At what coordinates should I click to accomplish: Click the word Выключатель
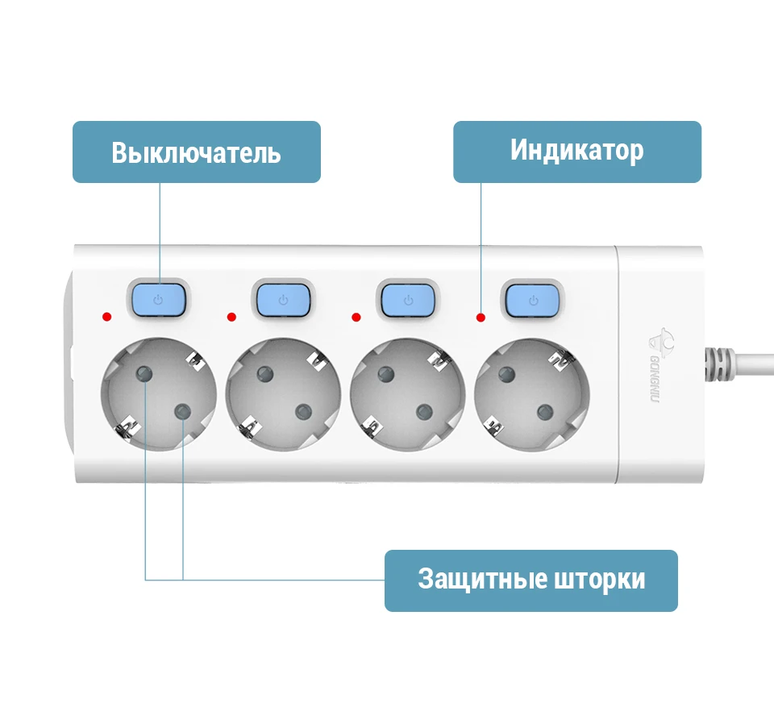(196, 152)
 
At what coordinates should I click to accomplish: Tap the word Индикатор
(577, 150)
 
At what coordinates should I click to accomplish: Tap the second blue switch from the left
(283, 300)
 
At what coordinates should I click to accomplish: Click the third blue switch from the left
(408, 300)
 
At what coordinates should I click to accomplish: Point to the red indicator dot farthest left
(106, 317)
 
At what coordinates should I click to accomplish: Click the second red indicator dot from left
(231, 317)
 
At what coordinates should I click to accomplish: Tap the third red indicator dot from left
(356, 317)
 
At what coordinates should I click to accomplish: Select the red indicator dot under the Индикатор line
(481, 318)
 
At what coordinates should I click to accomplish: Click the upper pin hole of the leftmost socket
(144, 373)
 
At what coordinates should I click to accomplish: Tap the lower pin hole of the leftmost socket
(183, 411)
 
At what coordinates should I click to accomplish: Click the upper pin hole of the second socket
(265, 374)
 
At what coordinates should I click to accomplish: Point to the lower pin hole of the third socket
(425, 411)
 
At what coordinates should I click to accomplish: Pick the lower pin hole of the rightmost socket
(545, 412)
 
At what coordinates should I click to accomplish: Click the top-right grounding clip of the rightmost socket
(562, 359)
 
